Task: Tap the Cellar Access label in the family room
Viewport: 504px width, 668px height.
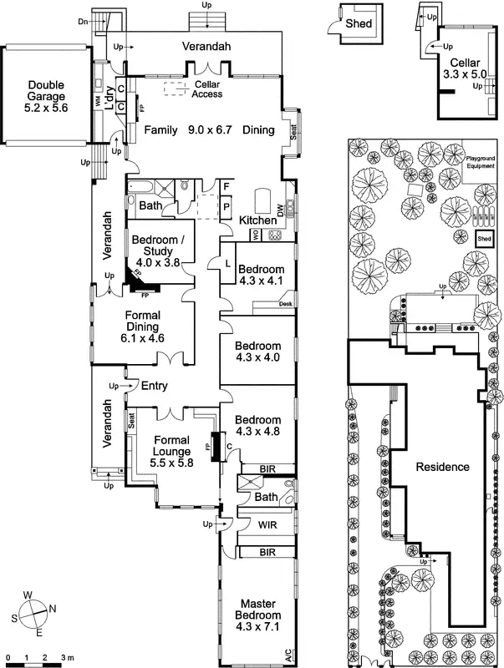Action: tap(207, 89)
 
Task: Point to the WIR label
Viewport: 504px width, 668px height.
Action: tap(267, 525)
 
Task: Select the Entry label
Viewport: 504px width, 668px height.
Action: tap(156, 386)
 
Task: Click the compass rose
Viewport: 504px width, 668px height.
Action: tap(33, 614)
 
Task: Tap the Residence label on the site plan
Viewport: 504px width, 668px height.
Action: tap(442, 468)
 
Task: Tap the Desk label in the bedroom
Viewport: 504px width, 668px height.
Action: tap(285, 304)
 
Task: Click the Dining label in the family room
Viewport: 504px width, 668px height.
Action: tap(257, 131)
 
